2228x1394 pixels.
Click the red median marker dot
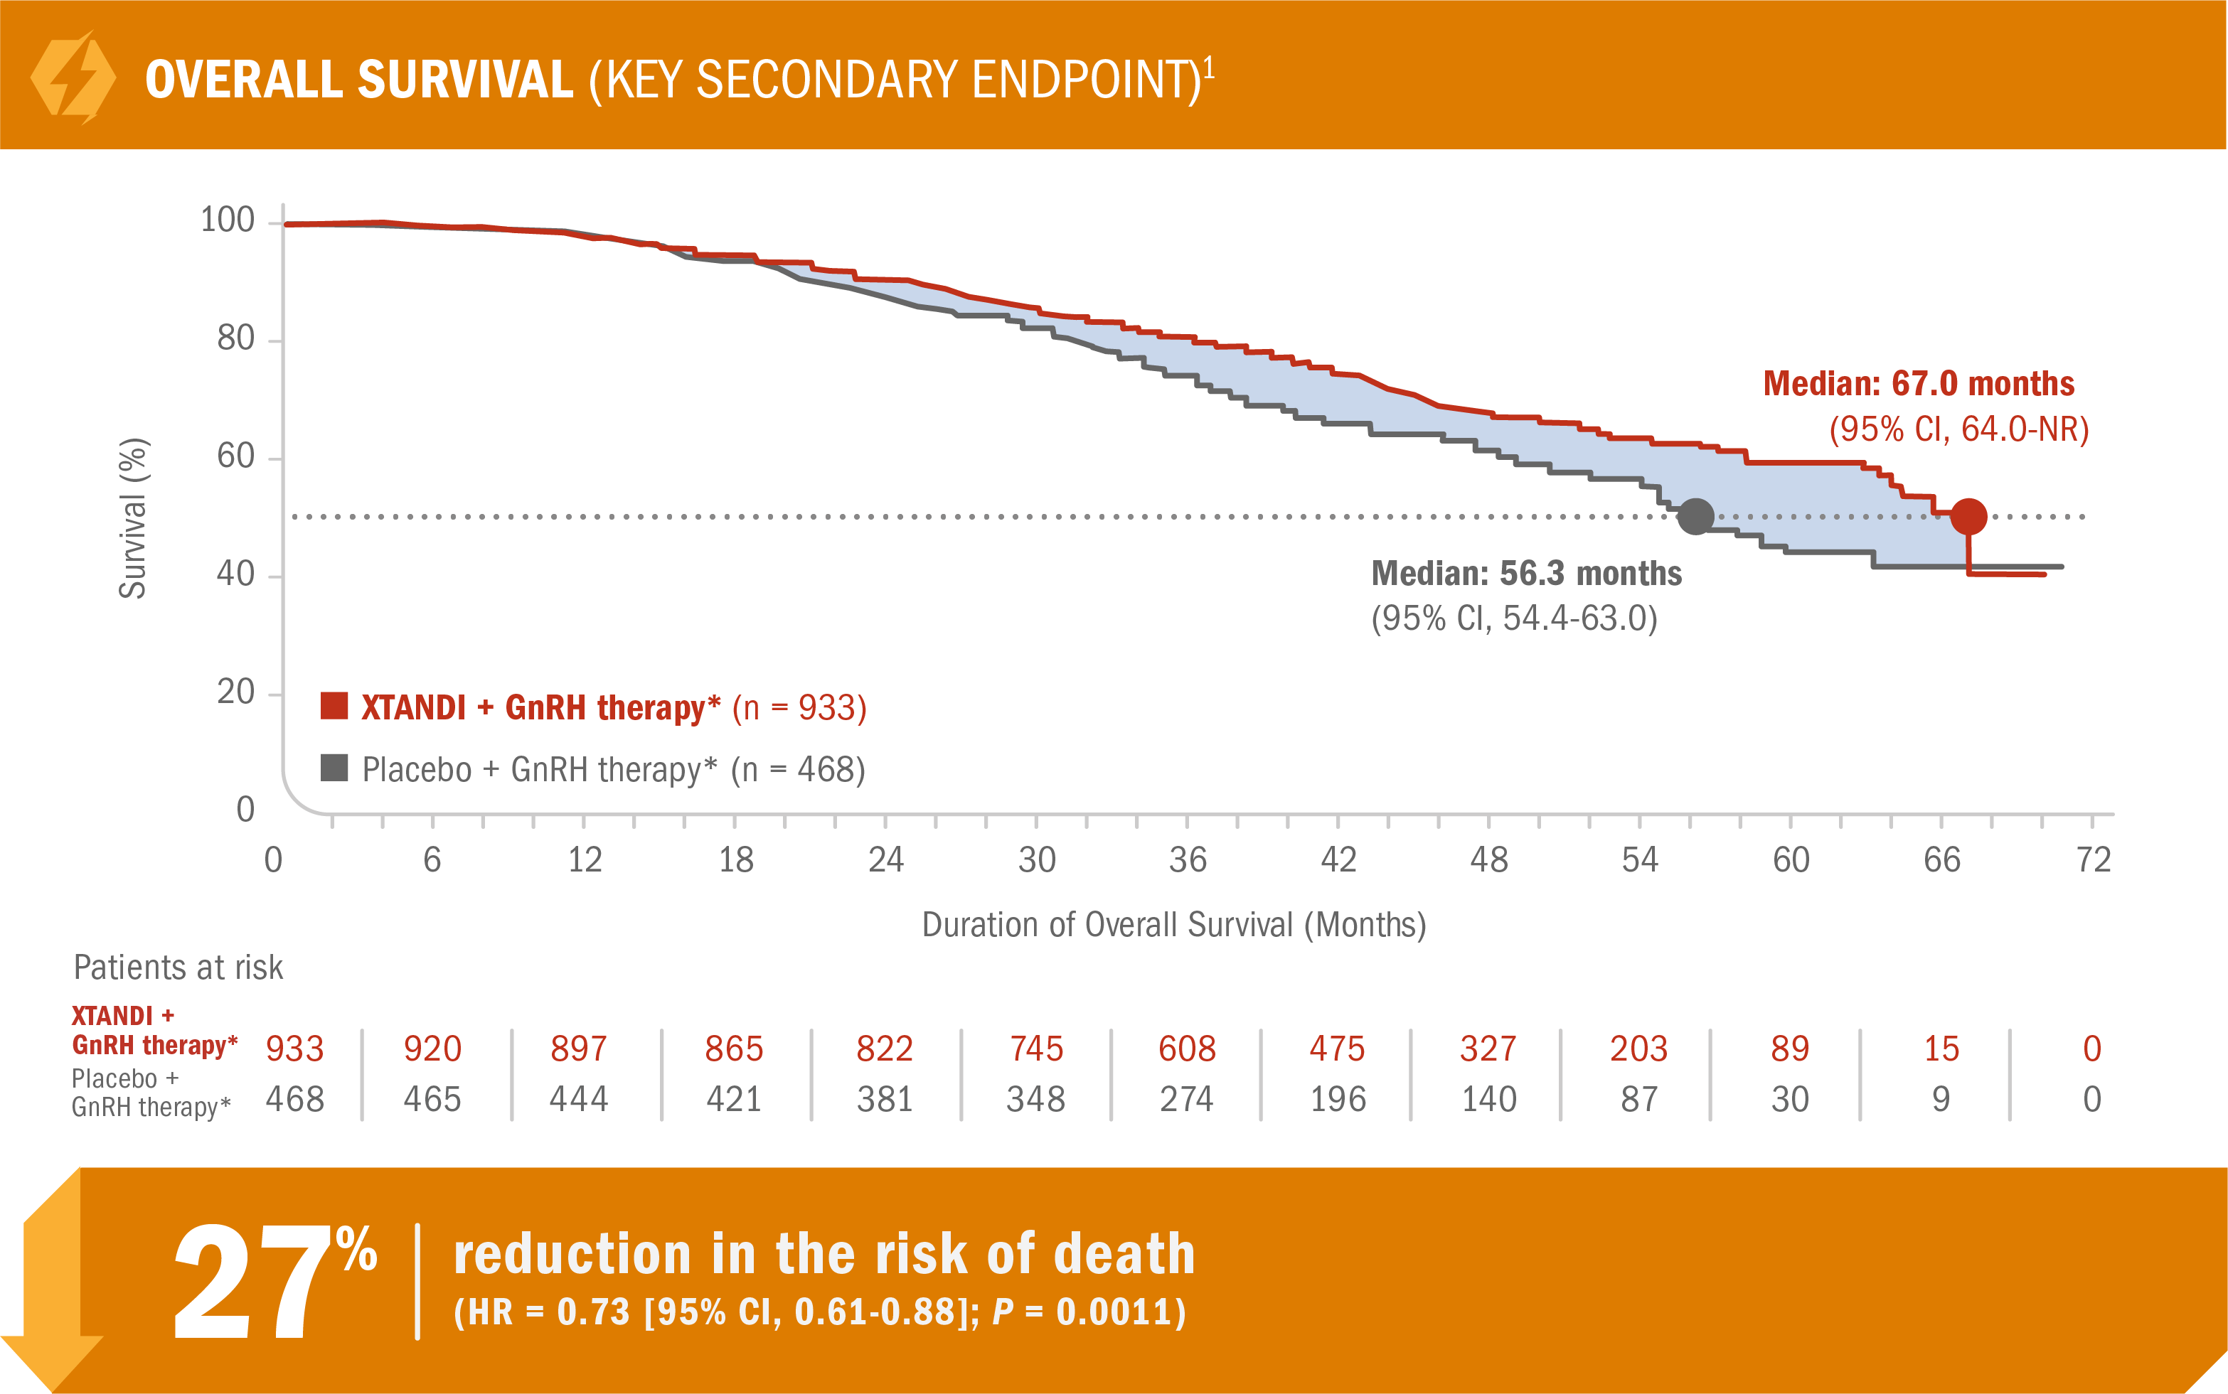(x=1968, y=516)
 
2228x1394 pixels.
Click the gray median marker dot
(x=1695, y=516)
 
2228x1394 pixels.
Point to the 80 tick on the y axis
(x=236, y=339)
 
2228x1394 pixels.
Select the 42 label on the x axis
(x=1338, y=860)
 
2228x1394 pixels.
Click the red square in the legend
(x=334, y=706)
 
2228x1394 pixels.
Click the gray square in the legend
(x=334, y=768)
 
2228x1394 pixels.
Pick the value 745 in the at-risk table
(x=1037, y=1049)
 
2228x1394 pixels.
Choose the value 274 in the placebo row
(x=1187, y=1099)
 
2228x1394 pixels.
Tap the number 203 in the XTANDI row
(x=1638, y=1049)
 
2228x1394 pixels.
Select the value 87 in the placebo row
(x=1638, y=1099)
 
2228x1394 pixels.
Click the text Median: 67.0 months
(x=1918, y=384)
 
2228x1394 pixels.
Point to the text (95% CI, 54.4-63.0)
(x=1514, y=618)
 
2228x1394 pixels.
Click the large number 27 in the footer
(x=252, y=1282)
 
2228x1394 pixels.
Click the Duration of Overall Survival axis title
(x=1174, y=925)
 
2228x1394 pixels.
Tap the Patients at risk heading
(x=178, y=968)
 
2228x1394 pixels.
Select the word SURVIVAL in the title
(x=465, y=80)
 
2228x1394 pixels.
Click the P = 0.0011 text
(x=1088, y=1312)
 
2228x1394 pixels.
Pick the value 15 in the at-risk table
(x=1941, y=1049)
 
